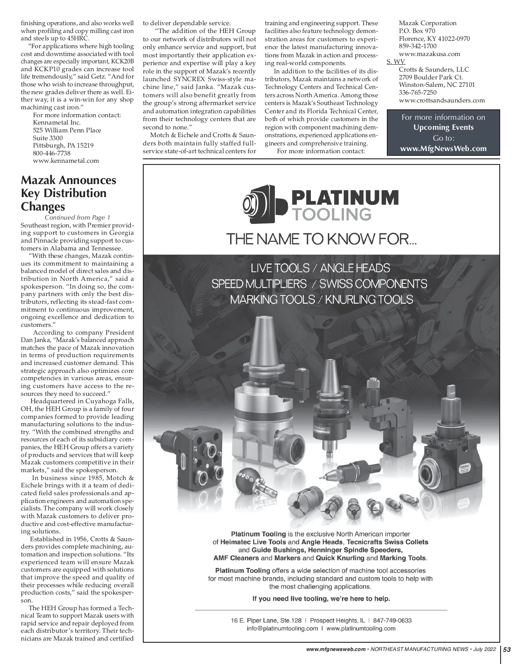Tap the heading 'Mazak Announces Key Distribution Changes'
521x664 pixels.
[69, 193]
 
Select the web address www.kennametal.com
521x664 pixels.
[66, 161]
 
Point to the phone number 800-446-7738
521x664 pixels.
[52, 153]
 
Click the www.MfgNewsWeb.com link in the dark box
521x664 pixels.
[443, 148]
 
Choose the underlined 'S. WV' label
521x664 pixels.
[396, 62]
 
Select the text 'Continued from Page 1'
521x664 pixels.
[78, 217]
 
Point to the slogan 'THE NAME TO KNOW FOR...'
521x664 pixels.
[322, 239]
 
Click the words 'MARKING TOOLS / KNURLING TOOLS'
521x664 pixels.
[321, 299]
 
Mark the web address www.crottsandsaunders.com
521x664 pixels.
[442, 100]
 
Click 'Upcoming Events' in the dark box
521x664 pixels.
[443, 128]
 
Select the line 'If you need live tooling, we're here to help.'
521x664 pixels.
[321, 599]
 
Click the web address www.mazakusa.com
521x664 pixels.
[429, 54]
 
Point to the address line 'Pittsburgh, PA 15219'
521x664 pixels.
[63, 145]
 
